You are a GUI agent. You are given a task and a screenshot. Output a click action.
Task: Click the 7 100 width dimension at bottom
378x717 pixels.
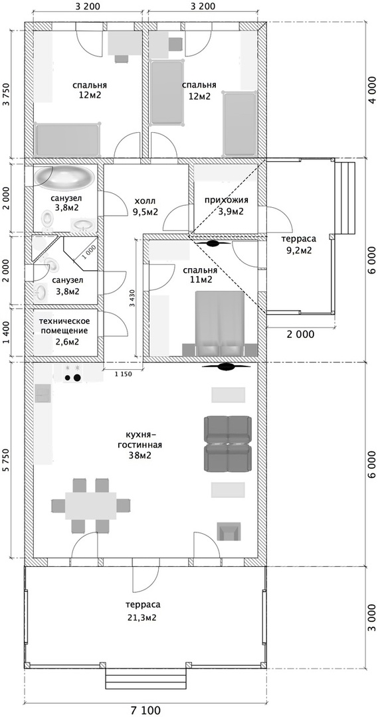click(145, 710)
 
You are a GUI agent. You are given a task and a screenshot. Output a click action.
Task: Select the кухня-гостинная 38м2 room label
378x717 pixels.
click(145, 444)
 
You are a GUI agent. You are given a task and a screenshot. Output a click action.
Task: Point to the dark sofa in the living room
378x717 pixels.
click(227, 443)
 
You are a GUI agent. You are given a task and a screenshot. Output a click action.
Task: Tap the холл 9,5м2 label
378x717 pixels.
click(145, 206)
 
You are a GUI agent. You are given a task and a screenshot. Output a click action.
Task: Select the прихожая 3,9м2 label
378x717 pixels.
click(226, 205)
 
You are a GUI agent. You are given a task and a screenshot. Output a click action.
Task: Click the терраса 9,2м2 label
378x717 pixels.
click(299, 243)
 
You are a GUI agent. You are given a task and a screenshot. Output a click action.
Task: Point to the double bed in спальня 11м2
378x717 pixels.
click(219, 323)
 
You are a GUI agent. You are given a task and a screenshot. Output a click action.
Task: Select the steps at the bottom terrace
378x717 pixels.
click(146, 678)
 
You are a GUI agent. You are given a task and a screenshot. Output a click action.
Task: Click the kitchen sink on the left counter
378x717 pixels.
click(43, 393)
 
